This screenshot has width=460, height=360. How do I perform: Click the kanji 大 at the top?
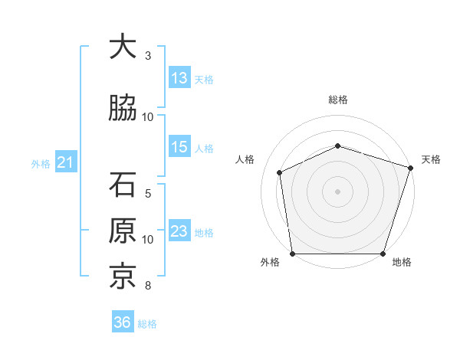coord(123,47)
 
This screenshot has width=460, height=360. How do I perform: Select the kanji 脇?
coord(123,109)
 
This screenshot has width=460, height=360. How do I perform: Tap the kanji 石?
coord(123,186)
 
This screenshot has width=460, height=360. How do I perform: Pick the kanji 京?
coord(123,277)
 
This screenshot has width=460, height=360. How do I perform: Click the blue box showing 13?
coord(179,78)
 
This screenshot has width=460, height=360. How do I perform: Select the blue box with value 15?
coord(179,147)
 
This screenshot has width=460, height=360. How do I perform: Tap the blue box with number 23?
coord(179,231)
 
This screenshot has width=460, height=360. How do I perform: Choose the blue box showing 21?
coord(65,162)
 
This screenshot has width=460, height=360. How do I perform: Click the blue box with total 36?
coord(122,322)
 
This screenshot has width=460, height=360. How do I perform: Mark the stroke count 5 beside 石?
coord(148,194)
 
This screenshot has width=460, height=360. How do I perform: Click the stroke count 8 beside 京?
coord(148,286)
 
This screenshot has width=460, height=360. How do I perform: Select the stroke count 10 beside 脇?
coord(148,117)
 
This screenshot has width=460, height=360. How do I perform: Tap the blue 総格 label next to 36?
coord(147,324)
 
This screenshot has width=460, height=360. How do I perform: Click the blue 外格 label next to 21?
coord(40,163)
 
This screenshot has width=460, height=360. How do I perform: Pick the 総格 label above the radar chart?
coord(338,100)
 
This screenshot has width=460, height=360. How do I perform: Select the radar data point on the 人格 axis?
coord(280,172)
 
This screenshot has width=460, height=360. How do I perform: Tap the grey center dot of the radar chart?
coord(338,191)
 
